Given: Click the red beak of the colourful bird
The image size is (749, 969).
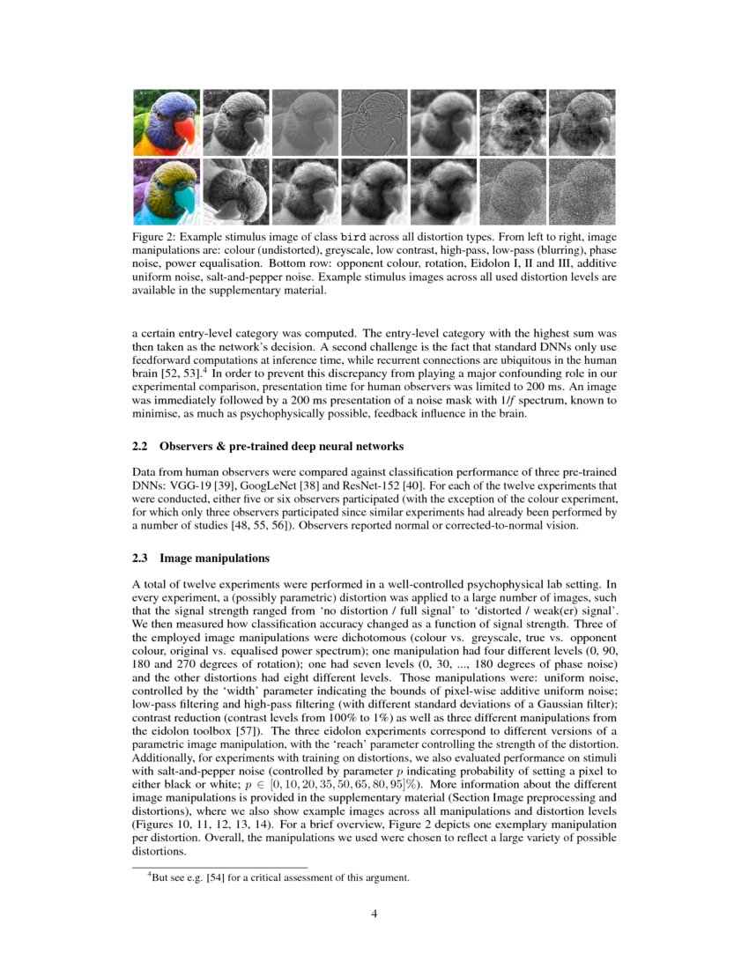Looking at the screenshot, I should pyautogui.click(x=184, y=129).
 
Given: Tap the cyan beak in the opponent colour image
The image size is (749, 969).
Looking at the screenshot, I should pyautogui.click(x=184, y=199).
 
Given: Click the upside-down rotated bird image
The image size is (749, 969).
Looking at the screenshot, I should pyautogui.click(x=236, y=191).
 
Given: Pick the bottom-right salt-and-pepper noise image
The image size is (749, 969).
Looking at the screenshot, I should pyautogui.click(x=582, y=191).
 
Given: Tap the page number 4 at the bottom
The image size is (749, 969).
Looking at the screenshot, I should pyautogui.click(x=374, y=914).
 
